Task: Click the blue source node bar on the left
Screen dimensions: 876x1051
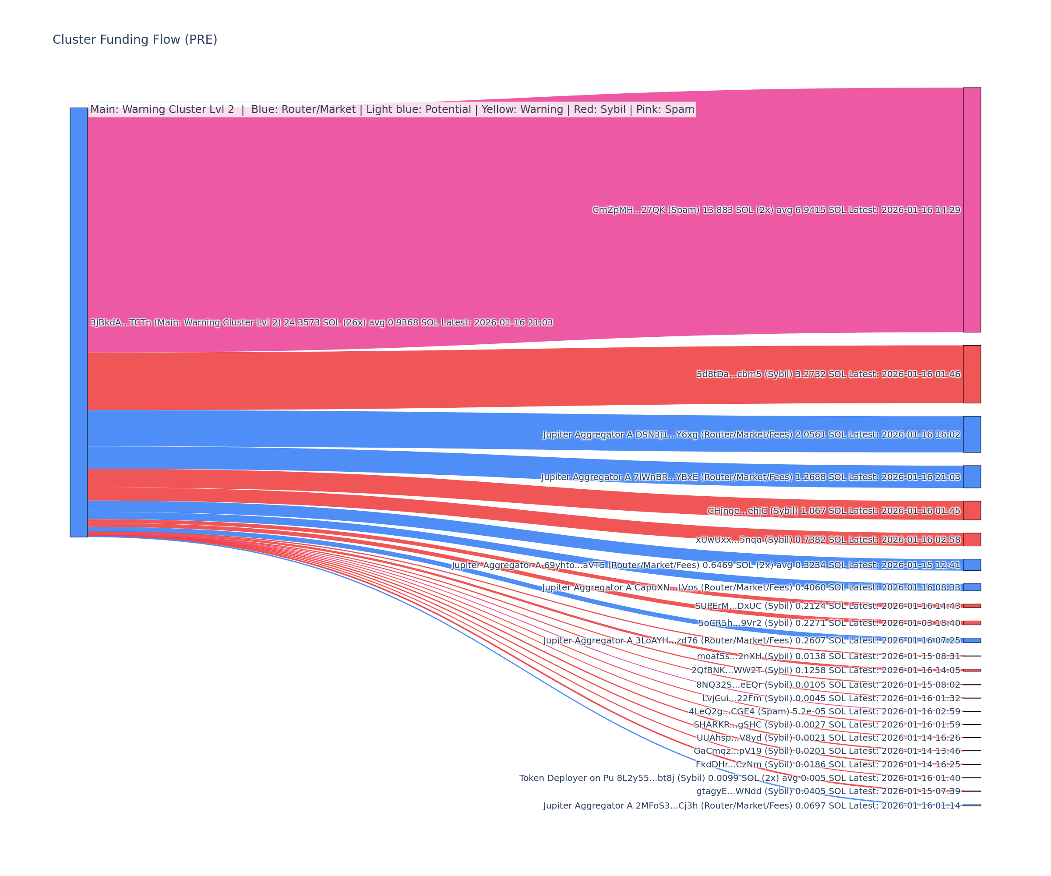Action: pyautogui.click(x=78, y=322)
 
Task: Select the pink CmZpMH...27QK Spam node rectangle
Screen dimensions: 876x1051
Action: pyautogui.click(x=972, y=210)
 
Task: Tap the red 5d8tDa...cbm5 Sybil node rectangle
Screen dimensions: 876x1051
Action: pyautogui.click(x=972, y=374)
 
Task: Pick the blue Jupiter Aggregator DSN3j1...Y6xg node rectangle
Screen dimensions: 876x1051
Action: pyautogui.click(x=972, y=434)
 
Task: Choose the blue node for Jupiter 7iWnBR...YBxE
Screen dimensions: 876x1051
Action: pyautogui.click(x=972, y=477)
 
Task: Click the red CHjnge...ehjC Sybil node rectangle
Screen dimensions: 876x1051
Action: pyautogui.click(x=972, y=511)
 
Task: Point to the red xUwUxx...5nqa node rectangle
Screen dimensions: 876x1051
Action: pyautogui.click(x=972, y=539)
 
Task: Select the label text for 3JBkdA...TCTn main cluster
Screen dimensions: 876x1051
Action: pyautogui.click(x=321, y=322)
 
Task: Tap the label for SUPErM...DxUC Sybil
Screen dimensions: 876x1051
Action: pyautogui.click(x=827, y=606)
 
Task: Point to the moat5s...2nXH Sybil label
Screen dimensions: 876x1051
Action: pyautogui.click(x=828, y=656)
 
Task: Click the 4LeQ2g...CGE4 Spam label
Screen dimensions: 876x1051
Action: pyautogui.click(x=824, y=711)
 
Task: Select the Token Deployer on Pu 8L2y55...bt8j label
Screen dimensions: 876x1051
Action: pyautogui.click(x=740, y=778)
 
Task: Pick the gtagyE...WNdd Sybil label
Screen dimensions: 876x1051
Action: pyautogui.click(x=828, y=791)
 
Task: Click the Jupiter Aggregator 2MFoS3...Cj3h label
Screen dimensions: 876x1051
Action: pyautogui.click(x=752, y=805)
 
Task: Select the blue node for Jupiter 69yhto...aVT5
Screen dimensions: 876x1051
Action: pyautogui.click(x=972, y=565)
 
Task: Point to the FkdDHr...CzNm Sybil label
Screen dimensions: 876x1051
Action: pyautogui.click(x=828, y=764)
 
